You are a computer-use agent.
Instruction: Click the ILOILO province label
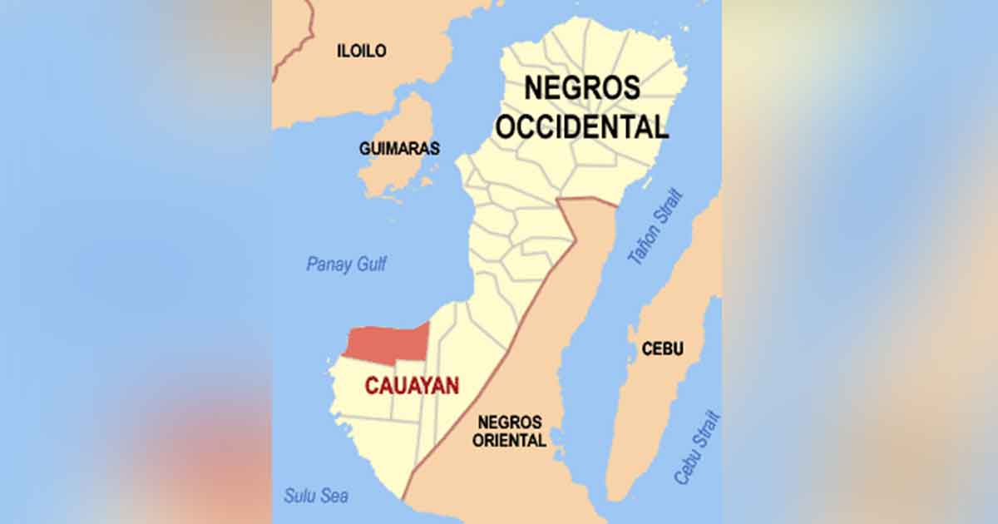tap(361, 51)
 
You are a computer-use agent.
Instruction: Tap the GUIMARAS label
tap(399, 149)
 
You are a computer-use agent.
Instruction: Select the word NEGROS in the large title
tap(582, 88)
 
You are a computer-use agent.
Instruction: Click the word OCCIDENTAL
tap(595, 127)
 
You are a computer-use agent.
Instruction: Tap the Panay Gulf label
tap(346, 264)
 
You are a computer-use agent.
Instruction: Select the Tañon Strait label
tap(656, 226)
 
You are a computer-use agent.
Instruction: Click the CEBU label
tap(663, 349)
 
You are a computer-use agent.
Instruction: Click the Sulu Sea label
tap(315, 497)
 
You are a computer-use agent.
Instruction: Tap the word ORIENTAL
tap(509, 441)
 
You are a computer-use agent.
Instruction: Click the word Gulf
tap(370, 264)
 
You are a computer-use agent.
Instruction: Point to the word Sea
tap(335, 497)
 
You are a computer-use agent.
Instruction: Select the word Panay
tap(327, 264)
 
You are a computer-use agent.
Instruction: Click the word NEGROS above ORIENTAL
tap(509, 423)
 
